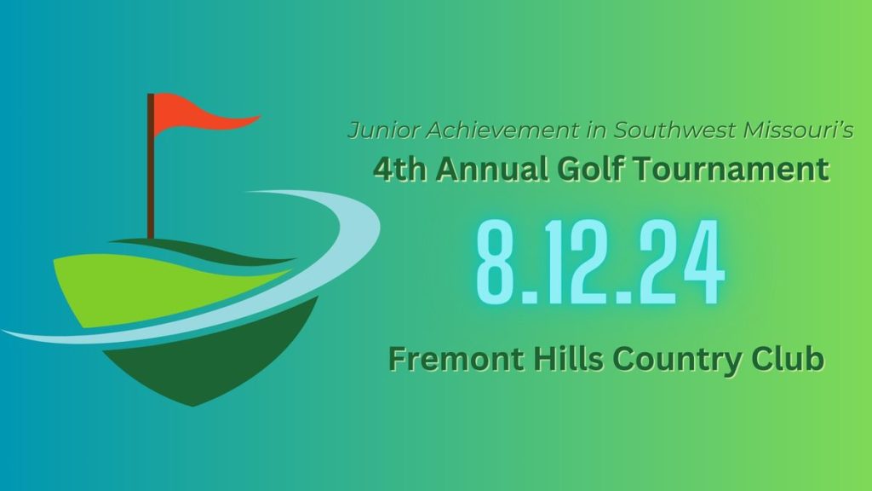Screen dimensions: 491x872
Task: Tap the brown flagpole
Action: [x=151, y=170]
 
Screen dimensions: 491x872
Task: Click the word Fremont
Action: [x=446, y=359]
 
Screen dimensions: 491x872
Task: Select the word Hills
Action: [x=558, y=359]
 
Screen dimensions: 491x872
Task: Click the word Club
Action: [x=788, y=359]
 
